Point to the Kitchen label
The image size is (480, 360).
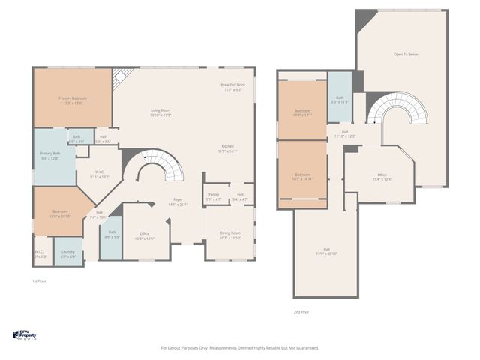[x=228, y=148]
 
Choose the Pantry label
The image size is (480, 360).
[x=214, y=197]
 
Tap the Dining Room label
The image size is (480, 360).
[x=231, y=235]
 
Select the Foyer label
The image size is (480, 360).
[x=178, y=202]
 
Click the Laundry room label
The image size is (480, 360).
[x=67, y=253]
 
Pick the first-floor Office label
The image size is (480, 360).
[x=144, y=235]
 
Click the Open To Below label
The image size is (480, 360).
[x=406, y=55]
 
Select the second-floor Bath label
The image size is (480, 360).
[x=340, y=99]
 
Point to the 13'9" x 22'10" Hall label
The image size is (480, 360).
[x=327, y=251]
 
